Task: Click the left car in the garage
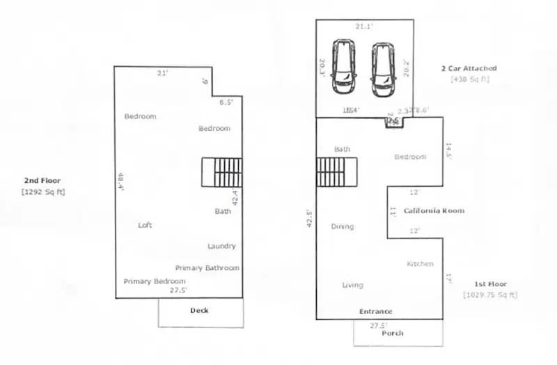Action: pos(343,66)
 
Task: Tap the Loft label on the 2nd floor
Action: pos(145,225)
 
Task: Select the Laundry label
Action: pos(221,246)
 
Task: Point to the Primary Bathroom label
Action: pos(207,268)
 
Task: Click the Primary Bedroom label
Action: pos(155,281)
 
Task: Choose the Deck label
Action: pos(199,311)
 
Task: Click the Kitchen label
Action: pos(420,264)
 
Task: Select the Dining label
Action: pos(342,226)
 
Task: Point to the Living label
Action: pos(352,285)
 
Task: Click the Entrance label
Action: pos(375,311)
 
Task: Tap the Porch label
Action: pos(393,333)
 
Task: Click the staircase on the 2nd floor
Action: pos(222,172)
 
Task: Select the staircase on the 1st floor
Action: pos(337,172)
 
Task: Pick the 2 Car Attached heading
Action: pos(469,68)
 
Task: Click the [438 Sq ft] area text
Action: pos(470,79)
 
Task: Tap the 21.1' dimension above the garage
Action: pos(364,26)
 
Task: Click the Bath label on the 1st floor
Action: pos(342,149)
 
